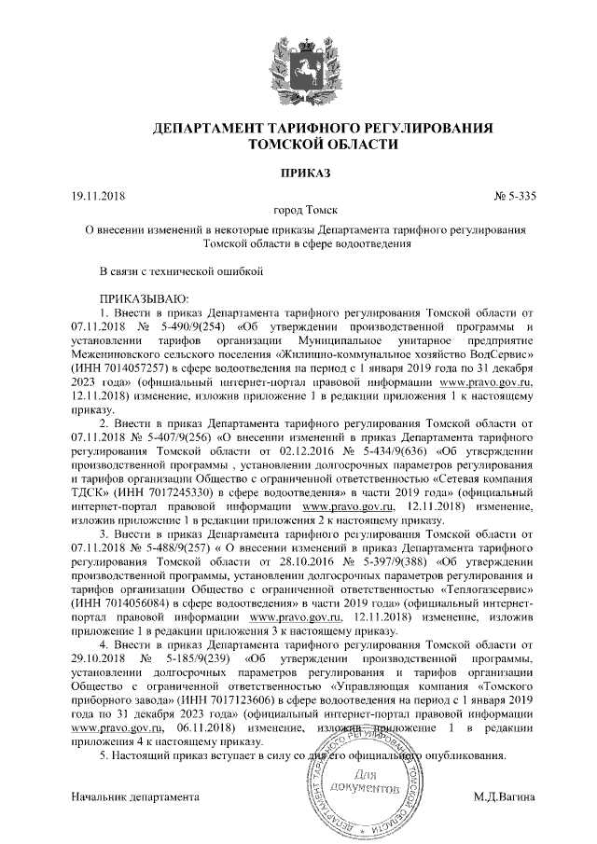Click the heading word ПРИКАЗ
pyautogui.click(x=298, y=173)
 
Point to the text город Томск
pyautogui.click(x=298, y=212)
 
